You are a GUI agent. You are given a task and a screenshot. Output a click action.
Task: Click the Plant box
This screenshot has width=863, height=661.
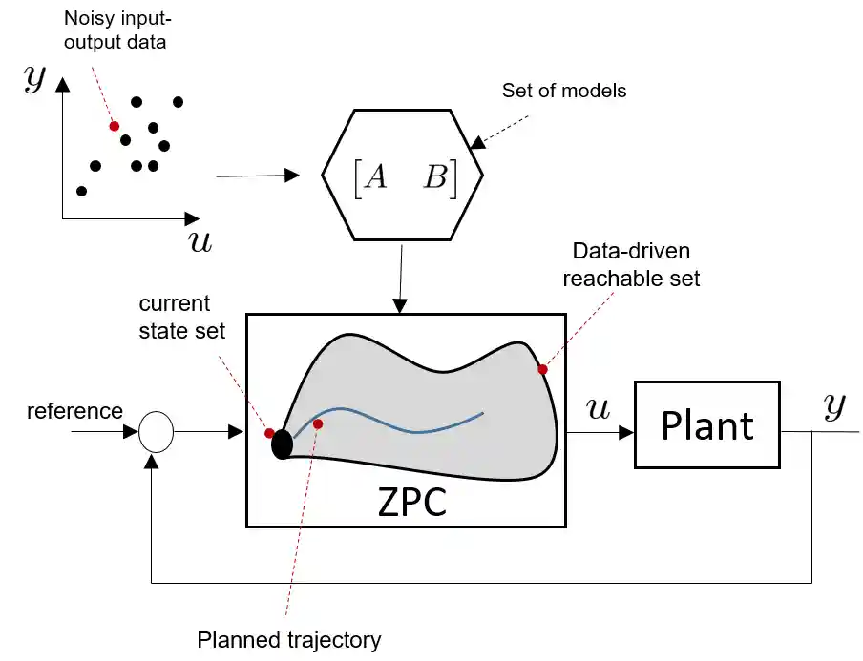point(707,424)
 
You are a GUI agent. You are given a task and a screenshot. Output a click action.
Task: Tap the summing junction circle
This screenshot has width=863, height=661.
point(156,432)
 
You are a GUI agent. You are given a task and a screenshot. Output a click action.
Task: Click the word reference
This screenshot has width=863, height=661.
point(74,411)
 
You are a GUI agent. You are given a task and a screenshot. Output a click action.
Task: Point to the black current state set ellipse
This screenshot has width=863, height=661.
point(282,444)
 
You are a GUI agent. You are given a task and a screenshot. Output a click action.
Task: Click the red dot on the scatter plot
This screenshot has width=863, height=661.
point(114,126)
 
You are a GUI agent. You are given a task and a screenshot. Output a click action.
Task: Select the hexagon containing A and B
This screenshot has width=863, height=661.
point(402,176)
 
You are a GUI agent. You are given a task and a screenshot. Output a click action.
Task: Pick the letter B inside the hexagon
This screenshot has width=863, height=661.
point(435,177)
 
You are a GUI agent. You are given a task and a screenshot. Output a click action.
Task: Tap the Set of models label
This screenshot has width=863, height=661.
point(564,92)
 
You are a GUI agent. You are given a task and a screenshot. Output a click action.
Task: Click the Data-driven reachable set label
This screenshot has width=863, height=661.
point(631,265)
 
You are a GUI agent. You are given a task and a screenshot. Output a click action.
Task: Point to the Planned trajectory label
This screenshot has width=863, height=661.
point(288,640)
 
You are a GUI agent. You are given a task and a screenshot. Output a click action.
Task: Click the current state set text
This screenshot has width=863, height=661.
point(181,318)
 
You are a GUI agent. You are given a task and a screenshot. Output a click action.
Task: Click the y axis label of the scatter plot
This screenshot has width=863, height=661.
point(34,80)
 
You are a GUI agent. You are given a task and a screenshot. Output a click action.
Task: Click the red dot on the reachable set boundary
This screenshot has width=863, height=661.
point(542,369)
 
